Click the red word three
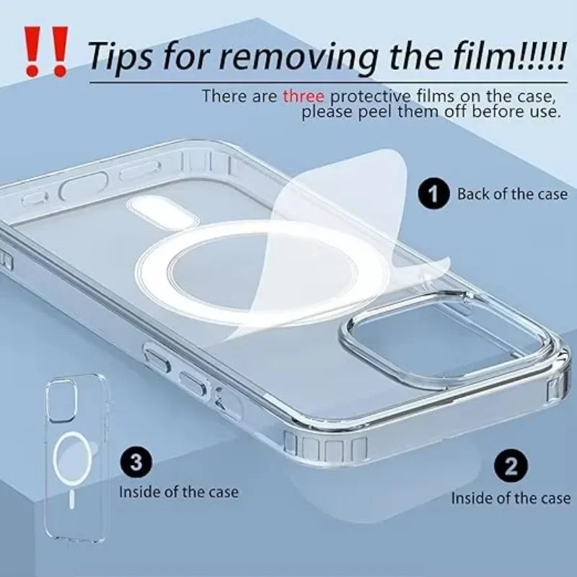tap(303, 96)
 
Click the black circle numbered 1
tap(433, 194)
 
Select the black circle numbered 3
tap(136, 461)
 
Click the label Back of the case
tap(512, 194)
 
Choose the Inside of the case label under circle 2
tap(511, 498)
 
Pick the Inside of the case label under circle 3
tap(178, 493)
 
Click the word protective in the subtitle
tap(366, 96)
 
